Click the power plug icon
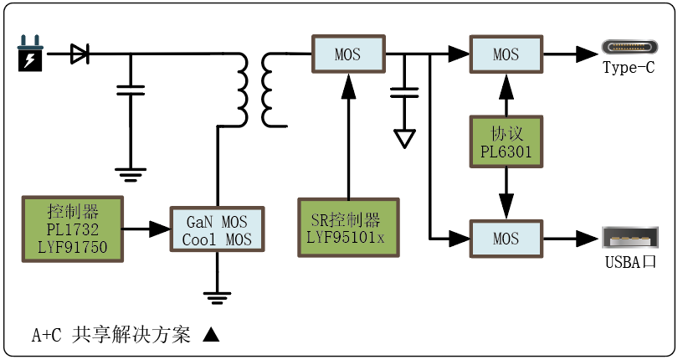(x=29, y=55)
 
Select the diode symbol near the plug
(x=80, y=55)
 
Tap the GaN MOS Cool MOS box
(x=217, y=229)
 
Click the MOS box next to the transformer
(x=347, y=55)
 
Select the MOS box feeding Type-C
(x=506, y=55)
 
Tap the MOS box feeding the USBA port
(x=506, y=239)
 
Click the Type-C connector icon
(x=629, y=49)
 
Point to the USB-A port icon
(x=629, y=238)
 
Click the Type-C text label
(x=629, y=69)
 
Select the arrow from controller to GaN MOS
(x=148, y=229)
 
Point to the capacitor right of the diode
(x=130, y=90)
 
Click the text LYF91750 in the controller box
(x=72, y=247)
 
